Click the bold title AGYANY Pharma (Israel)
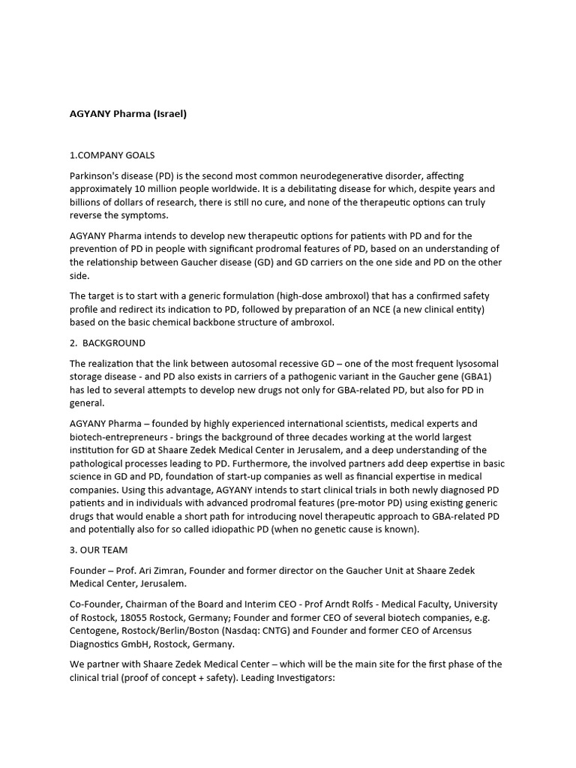pos(127,114)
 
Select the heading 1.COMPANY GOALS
pos(112,155)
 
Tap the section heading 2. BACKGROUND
pos(107,343)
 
